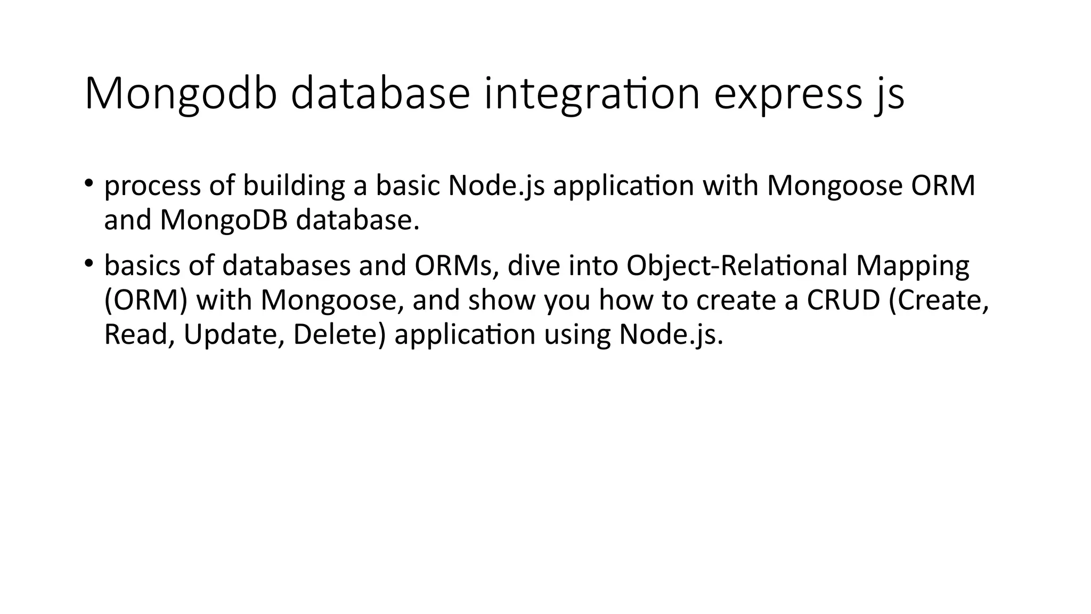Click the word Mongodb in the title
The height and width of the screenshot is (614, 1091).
click(181, 94)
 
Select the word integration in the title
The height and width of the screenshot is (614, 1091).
click(591, 94)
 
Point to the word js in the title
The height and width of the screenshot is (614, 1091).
click(889, 94)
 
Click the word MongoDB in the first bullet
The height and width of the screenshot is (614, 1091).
click(224, 220)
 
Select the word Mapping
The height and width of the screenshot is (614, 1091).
click(913, 265)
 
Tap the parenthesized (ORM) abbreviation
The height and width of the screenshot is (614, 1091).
click(146, 300)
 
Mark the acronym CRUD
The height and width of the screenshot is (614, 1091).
click(843, 300)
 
